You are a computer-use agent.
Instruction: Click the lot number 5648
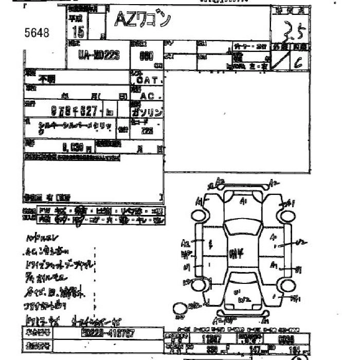click(x=37, y=33)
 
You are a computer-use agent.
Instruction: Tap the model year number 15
click(x=79, y=32)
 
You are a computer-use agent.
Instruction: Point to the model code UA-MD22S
click(x=99, y=56)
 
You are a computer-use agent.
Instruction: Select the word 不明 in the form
click(x=47, y=79)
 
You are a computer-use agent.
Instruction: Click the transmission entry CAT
click(x=149, y=81)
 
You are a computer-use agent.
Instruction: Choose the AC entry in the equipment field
click(x=149, y=96)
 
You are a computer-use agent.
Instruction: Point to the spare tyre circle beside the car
click(x=179, y=309)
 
